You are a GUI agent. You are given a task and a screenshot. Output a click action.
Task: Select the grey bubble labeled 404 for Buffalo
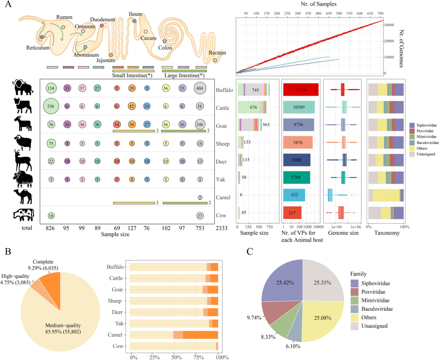(x=202, y=88)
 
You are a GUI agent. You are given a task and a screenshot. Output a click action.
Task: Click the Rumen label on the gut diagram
(x=64, y=17)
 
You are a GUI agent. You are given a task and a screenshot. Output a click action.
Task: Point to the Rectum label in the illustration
(x=217, y=53)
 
